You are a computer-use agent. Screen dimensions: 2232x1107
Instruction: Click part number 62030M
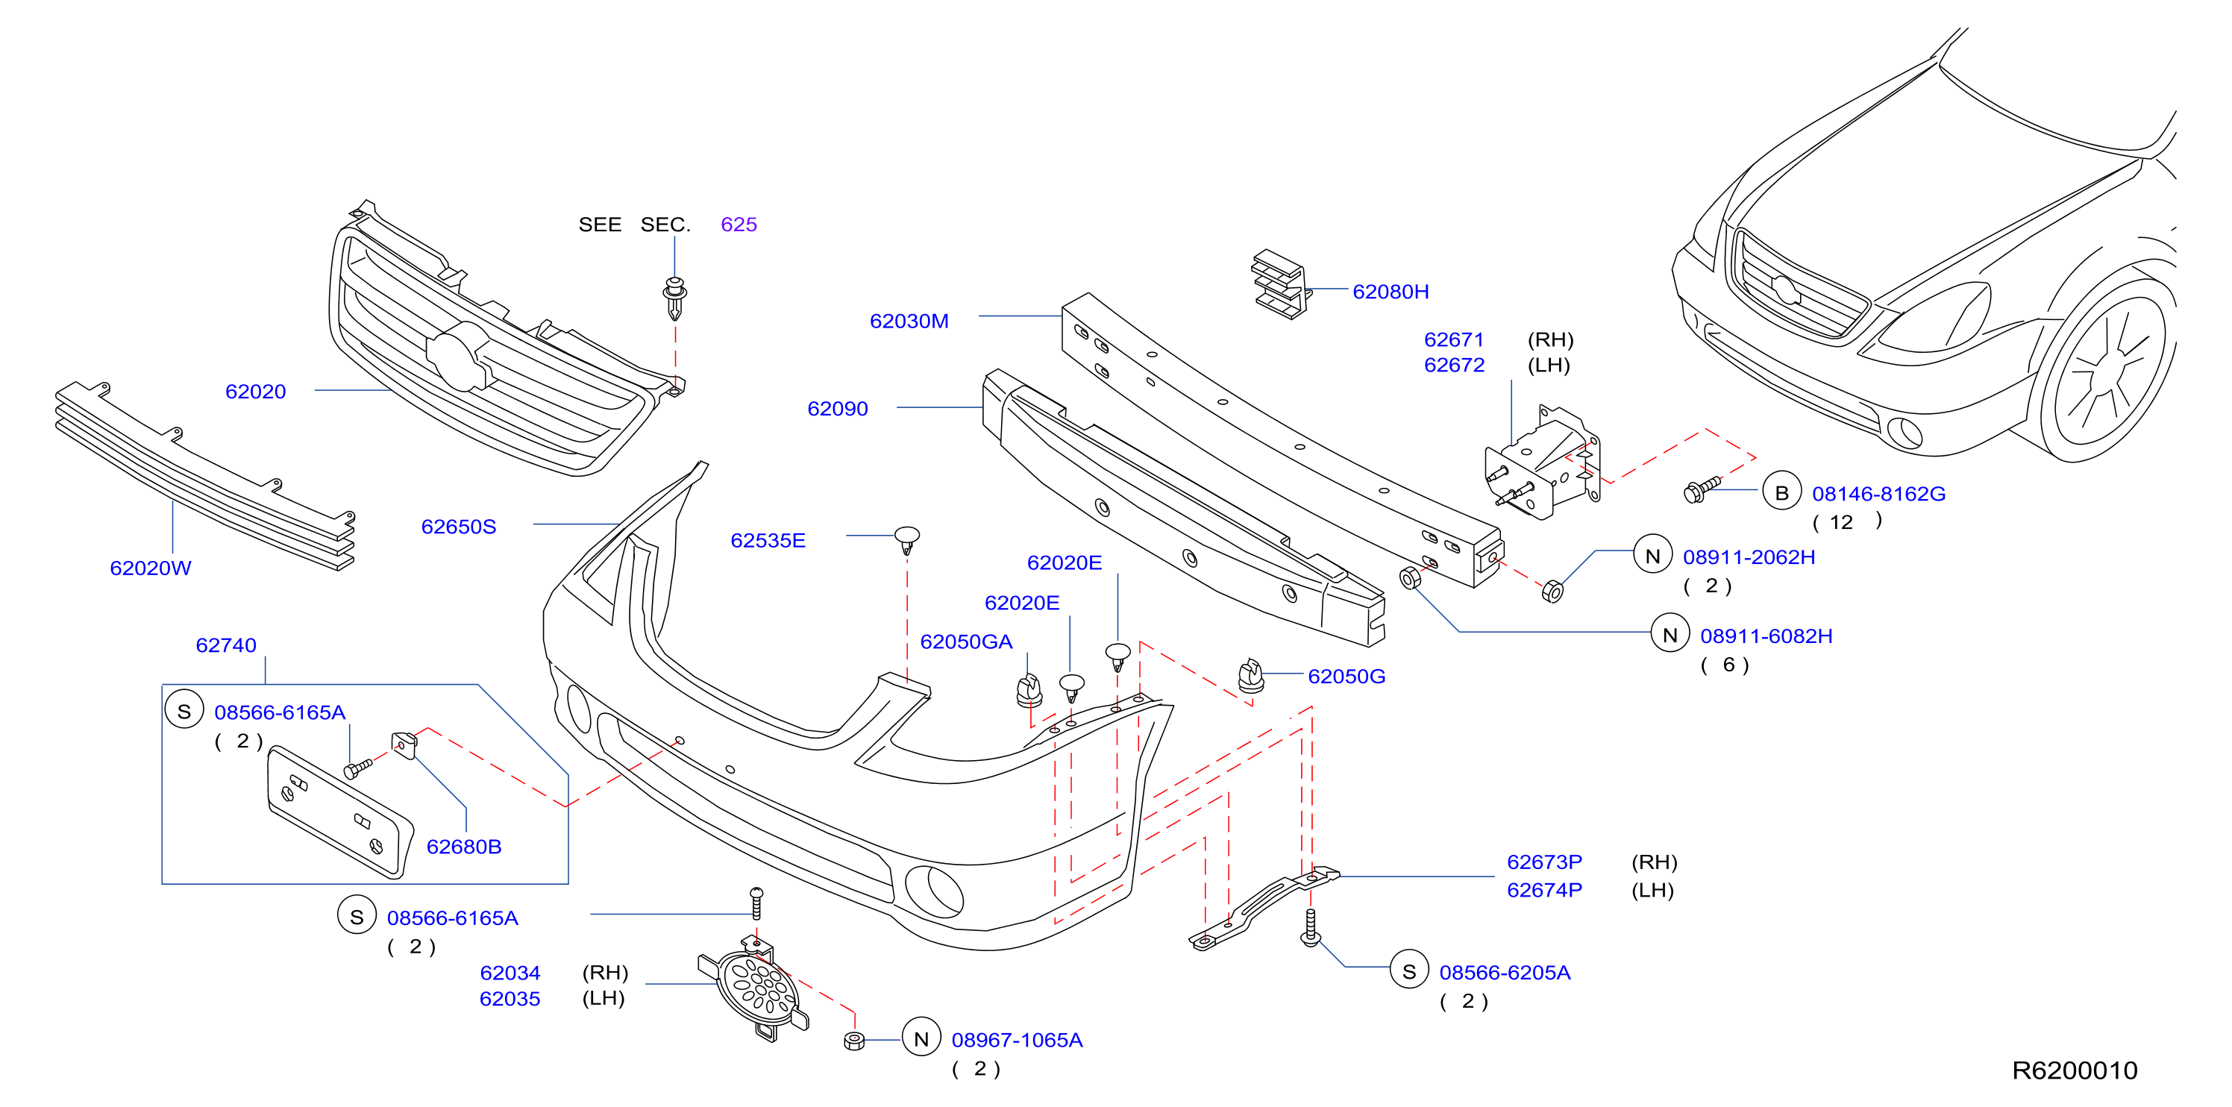pyautogui.click(x=909, y=322)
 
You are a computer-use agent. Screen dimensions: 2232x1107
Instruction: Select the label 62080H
pyautogui.click(x=1391, y=292)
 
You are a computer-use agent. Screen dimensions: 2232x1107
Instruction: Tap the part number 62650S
pyautogui.click(x=458, y=527)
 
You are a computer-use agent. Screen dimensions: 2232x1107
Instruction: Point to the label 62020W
pyautogui.click(x=151, y=568)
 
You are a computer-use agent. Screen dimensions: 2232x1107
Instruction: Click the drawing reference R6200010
pyautogui.click(x=2075, y=1070)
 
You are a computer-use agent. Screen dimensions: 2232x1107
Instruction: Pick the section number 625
pyautogui.click(x=739, y=225)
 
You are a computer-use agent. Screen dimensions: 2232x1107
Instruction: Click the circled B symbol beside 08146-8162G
pyautogui.click(x=1781, y=493)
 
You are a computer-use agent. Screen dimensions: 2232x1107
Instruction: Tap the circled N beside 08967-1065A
pyautogui.click(x=921, y=1038)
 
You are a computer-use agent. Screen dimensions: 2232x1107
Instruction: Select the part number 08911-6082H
pyautogui.click(x=1766, y=636)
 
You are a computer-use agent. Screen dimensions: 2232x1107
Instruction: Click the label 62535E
pyautogui.click(x=768, y=541)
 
